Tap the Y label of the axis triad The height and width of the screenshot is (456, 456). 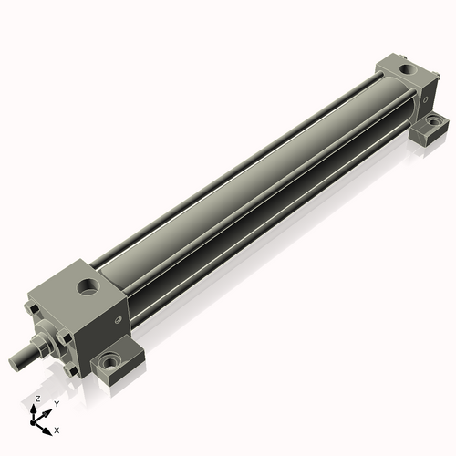point(56,403)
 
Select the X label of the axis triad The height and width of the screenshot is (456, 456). point(57,429)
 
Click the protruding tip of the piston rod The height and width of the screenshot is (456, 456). point(16,364)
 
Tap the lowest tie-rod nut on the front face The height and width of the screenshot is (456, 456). point(68,364)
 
